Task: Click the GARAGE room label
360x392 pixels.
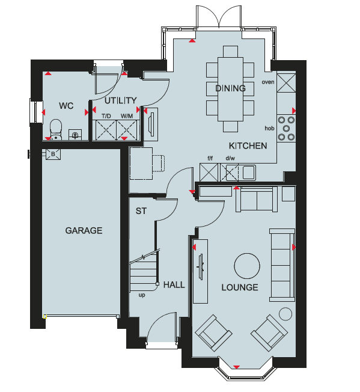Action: pos(84,230)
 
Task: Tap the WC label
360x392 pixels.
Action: pos(66,106)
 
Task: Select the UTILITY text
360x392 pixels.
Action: pos(120,100)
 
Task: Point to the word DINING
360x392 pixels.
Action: pos(230,88)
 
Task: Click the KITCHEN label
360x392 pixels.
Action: pos(248,145)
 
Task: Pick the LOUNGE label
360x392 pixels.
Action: pos(240,287)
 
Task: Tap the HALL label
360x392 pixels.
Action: pos(174,285)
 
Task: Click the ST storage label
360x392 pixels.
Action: pos(141,211)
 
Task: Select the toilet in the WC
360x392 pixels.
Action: pos(56,129)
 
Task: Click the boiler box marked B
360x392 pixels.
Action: pos(53,155)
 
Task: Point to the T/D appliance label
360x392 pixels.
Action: pos(106,116)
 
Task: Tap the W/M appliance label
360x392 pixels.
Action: pos(127,116)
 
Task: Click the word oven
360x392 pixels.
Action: pos(268,82)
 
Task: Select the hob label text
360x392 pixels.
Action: pos(269,128)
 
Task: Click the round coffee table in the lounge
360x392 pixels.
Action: pos(247,266)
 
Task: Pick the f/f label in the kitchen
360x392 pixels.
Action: pos(210,158)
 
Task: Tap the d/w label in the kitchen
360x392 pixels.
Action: pos(230,158)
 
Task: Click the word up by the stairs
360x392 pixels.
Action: pos(142,295)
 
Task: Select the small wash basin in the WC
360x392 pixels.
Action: pos(75,135)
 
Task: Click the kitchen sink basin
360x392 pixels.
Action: pos(249,173)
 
